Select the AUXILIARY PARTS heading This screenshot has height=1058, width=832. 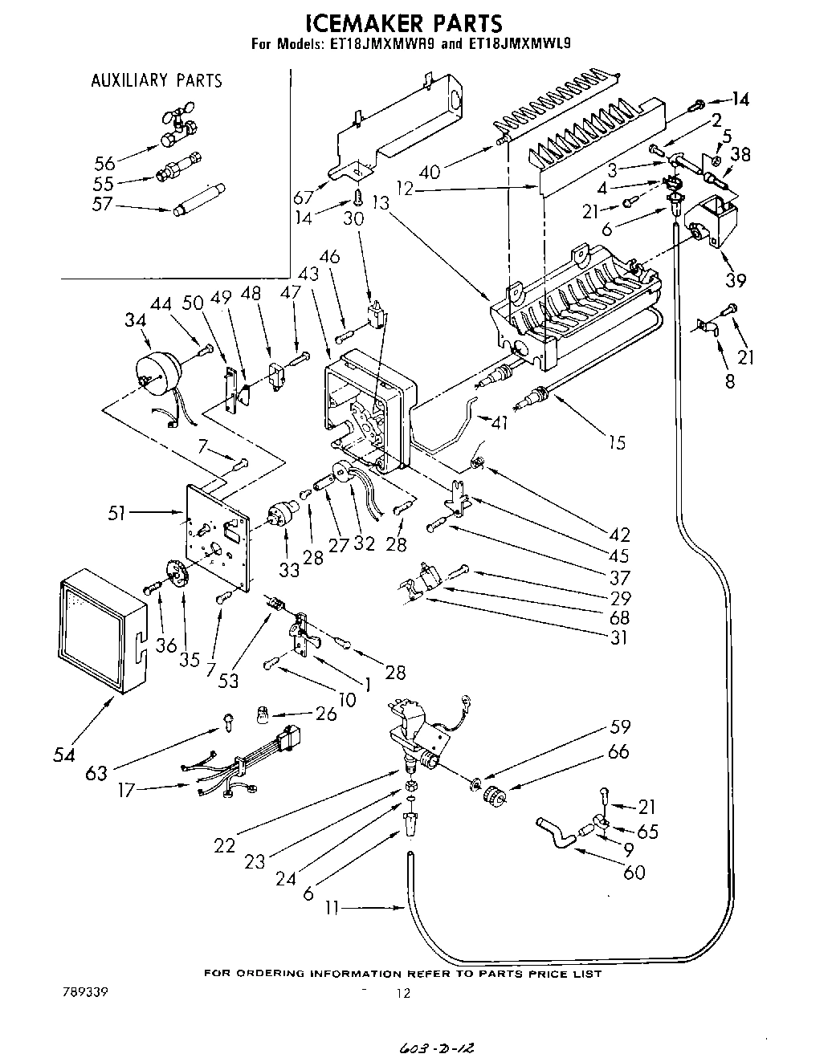click(x=157, y=80)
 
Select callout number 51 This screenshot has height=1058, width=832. click(x=117, y=512)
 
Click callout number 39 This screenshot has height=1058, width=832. click(x=735, y=280)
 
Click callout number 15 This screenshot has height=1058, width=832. click(x=617, y=442)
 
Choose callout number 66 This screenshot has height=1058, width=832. click(x=619, y=752)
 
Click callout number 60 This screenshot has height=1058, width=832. click(x=634, y=872)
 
